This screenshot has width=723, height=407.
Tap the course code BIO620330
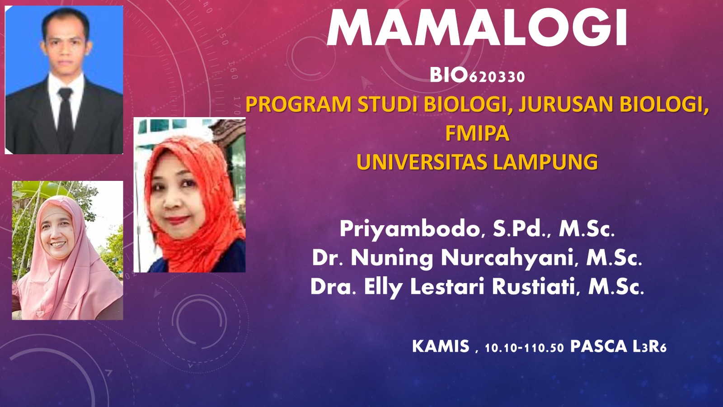477,76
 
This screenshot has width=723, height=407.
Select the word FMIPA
477,133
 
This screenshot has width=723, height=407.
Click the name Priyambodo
410,229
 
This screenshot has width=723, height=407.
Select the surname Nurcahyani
509,258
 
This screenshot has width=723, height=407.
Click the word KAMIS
441,347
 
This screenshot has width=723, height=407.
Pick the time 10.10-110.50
524,348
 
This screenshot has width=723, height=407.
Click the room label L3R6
649,347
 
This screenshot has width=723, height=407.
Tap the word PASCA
599,347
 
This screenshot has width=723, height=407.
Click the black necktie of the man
65,115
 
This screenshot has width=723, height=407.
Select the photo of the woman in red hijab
189,195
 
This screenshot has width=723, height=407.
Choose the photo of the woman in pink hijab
67,250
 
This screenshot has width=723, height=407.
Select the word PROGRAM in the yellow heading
299,104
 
